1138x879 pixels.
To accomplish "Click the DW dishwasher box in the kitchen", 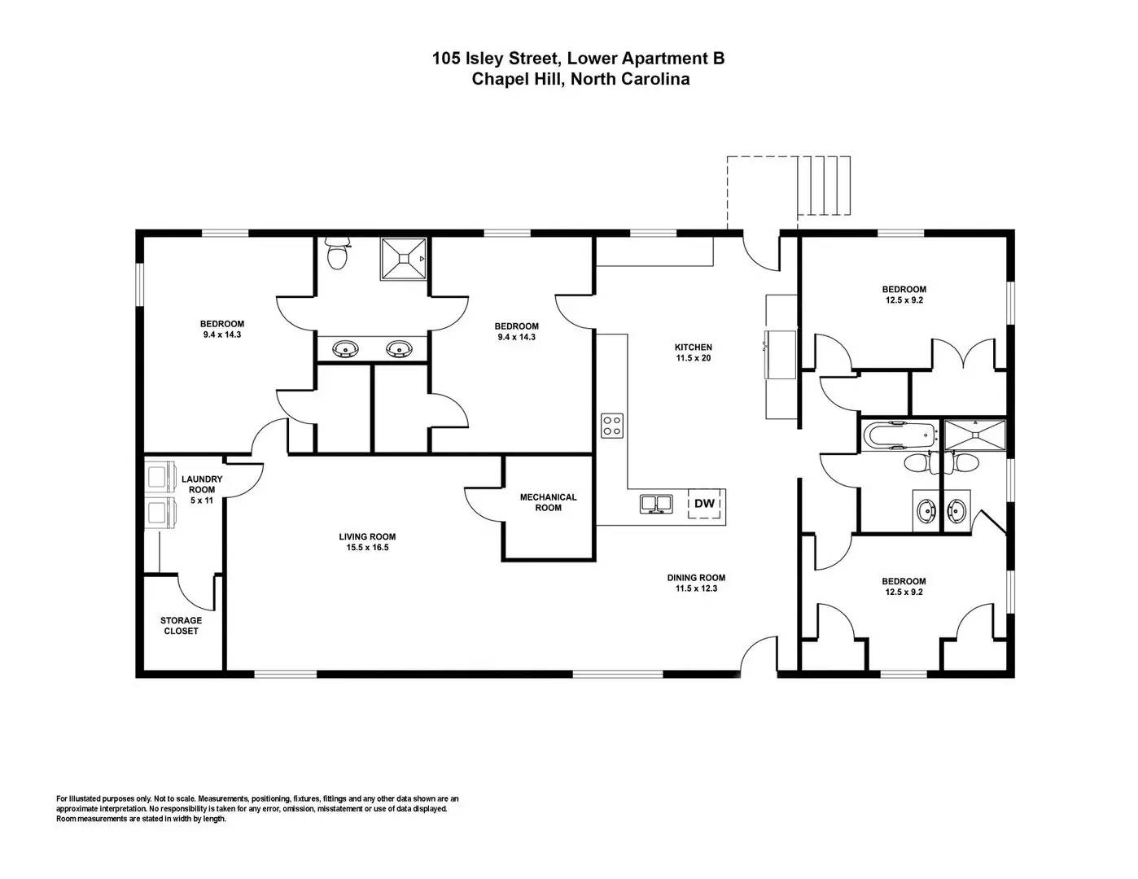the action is [704, 504].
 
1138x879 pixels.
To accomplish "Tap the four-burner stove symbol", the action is [611, 426].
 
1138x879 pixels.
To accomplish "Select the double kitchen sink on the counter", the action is [655, 504].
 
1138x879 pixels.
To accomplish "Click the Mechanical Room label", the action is [548, 502].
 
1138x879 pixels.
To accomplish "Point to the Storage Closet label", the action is [181, 626].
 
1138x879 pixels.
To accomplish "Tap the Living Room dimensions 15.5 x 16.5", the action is [367, 548].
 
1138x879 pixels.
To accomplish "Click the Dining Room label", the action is [696, 577].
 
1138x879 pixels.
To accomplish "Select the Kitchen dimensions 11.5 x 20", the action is [694, 358].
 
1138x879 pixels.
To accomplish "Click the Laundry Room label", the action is [202, 484].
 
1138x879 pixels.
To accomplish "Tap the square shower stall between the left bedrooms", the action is [403, 259].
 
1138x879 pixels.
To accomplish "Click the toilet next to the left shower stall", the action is [336, 253].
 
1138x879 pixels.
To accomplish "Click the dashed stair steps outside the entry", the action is [823, 186].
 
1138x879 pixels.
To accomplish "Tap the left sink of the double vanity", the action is [346, 348].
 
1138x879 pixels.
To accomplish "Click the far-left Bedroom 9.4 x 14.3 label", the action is [222, 329].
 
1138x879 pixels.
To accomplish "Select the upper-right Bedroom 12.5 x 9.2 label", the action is [904, 295].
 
